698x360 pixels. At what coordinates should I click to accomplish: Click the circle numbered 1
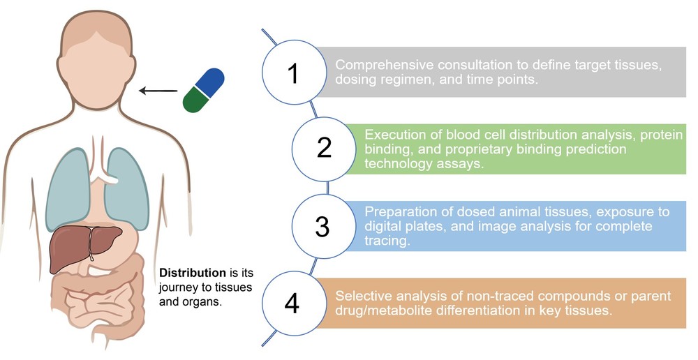(x=293, y=73)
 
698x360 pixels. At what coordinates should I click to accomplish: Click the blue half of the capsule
(x=210, y=82)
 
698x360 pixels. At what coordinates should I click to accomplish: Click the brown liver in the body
(x=77, y=246)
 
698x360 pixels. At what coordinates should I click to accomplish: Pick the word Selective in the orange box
(x=362, y=296)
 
